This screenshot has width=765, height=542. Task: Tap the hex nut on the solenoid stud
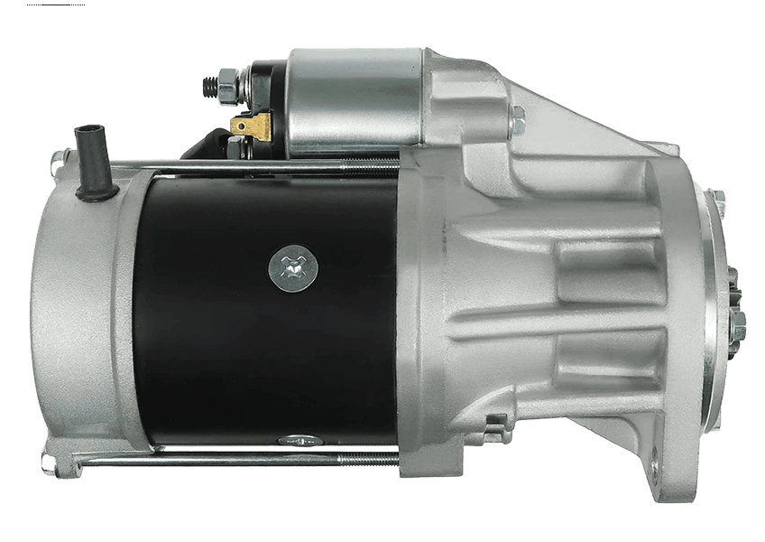click(228, 86)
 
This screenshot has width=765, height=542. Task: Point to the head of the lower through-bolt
click(49, 463)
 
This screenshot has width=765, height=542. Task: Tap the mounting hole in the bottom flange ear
click(656, 470)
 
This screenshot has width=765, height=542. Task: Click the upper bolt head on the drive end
click(716, 202)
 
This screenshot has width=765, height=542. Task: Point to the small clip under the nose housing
click(494, 425)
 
